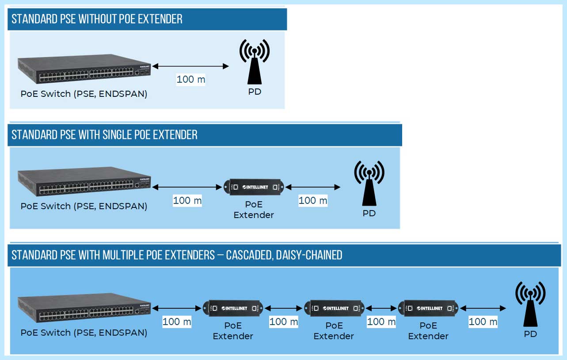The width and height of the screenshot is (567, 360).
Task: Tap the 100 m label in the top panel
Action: click(x=191, y=80)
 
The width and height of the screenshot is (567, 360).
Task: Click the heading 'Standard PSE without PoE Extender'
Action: click(x=97, y=19)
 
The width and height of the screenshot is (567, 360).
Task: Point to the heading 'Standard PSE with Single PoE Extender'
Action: click(x=105, y=134)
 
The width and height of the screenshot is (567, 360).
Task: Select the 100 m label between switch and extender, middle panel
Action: click(x=187, y=200)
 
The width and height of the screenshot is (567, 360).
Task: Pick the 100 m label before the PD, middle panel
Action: click(x=313, y=200)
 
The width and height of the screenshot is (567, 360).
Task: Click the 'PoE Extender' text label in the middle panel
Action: click(x=254, y=210)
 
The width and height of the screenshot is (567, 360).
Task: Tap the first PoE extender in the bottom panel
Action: click(x=233, y=308)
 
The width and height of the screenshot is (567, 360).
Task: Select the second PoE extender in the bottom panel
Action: click(x=334, y=308)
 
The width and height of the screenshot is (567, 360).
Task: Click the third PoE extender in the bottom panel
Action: click(x=428, y=308)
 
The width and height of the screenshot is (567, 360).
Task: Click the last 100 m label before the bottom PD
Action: click(x=483, y=322)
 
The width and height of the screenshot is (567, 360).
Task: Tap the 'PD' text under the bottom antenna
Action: click(x=530, y=334)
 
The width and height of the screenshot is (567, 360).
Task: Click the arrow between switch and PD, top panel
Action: click(x=191, y=66)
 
